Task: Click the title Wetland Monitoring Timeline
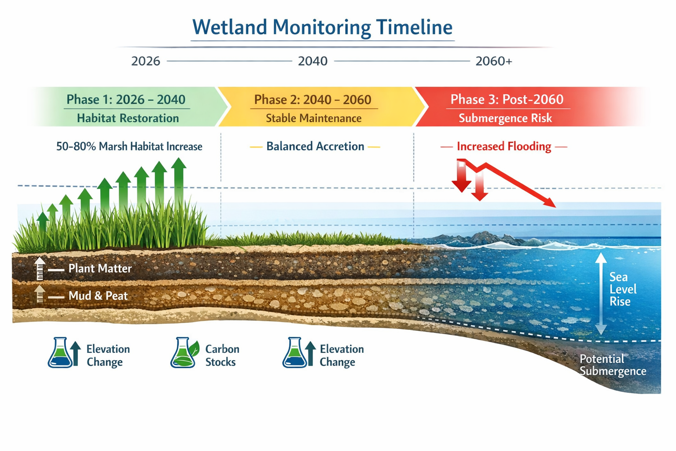pyautogui.click(x=322, y=27)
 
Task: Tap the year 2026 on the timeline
pyautogui.click(x=146, y=61)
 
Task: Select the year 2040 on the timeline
pyautogui.click(x=312, y=61)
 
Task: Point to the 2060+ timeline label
pyautogui.click(x=493, y=61)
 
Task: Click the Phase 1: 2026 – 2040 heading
pyautogui.click(x=126, y=100)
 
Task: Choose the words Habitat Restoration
pyautogui.click(x=128, y=118)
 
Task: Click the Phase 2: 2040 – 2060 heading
pyautogui.click(x=312, y=100)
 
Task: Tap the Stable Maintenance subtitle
pyautogui.click(x=313, y=118)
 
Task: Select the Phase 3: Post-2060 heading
pyautogui.click(x=507, y=100)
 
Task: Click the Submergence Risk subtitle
pyautogui.click(x=505, y=118)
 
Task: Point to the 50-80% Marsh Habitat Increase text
pyautogui.click(x=129, y=146)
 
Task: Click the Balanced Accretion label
pyautogui.click(x=315, y=146)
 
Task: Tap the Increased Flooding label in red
pyautogui.click(x=503, y=146)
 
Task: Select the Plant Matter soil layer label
pyautogui.click(x=100, y=269)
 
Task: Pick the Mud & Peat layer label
pyautogui.click(x=98, y=296)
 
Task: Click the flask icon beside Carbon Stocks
pyautogui.click(x=183, y=353)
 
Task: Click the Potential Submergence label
pyautogui.click(x=612, y=365)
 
